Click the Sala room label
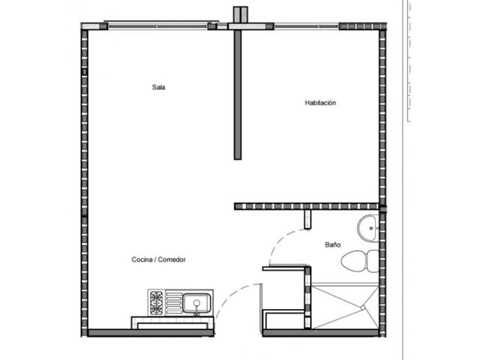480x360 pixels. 158,87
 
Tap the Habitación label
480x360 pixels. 320,103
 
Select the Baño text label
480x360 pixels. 333,244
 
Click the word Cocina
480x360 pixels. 142,259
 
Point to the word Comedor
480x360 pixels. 172,259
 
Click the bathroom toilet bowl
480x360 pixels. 354,261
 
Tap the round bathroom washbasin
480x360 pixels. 367,228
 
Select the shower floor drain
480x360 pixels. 363,307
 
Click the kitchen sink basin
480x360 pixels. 196,303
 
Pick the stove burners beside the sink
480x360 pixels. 157,303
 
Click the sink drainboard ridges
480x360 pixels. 174,303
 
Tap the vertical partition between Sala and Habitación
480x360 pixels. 238,95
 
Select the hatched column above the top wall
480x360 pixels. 240,14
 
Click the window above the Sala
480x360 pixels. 157,26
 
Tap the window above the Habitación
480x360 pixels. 307,26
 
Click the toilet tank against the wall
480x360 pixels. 373,261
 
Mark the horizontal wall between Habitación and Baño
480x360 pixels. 307,206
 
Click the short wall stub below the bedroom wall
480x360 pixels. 307,220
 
